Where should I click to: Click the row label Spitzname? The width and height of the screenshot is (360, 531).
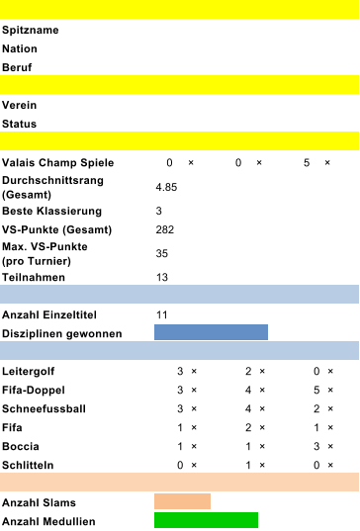(30, 31)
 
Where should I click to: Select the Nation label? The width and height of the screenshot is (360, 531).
(21, 48)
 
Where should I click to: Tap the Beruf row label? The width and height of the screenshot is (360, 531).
(18, 67)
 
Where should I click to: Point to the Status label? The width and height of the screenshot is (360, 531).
(20, 124)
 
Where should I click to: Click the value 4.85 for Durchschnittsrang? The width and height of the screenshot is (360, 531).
(166, 187)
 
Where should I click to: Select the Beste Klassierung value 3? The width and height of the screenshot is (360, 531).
(159, 211)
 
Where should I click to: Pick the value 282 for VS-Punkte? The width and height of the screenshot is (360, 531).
(165, 229)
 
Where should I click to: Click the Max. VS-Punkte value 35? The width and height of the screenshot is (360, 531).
(162, 253)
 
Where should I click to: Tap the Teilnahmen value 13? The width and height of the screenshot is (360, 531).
(162, 277)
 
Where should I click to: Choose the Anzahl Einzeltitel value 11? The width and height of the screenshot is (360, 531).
(162, 314)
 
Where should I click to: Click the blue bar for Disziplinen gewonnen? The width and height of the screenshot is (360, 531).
(211, 332)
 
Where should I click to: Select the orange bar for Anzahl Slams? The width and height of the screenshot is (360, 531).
(182, 501)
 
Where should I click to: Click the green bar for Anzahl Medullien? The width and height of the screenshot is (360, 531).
(206, 520)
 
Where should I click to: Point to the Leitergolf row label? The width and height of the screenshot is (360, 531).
(29, 371)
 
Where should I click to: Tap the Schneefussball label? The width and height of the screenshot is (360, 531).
(45, 408)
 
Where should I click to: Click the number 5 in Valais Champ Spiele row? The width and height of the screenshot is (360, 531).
(307, 162)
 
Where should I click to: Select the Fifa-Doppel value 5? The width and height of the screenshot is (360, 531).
(315, 390)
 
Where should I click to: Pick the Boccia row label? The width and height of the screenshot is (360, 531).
(21, 446)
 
